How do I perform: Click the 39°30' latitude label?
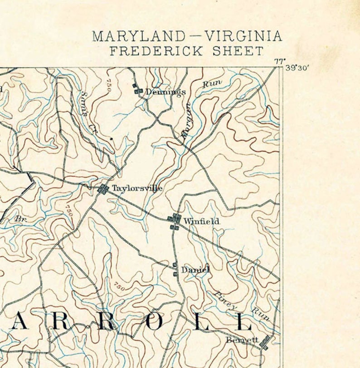click(297, 68)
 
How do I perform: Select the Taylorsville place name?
click(137, 188)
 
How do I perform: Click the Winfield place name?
click(201, 221)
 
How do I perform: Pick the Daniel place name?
click(195, 270)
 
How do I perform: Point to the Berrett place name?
click(242, 340)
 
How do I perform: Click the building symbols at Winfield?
click(174, 221)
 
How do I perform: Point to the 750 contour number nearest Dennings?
click(109, 86)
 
